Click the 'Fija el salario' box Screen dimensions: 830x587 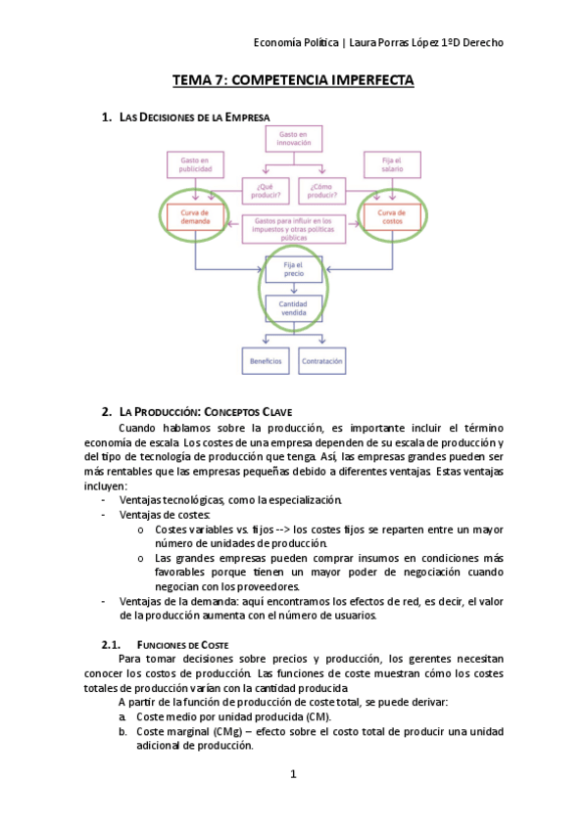point(391,163)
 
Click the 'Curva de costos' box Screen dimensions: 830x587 point(391,216)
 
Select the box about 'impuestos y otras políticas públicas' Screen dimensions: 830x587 point(293,229)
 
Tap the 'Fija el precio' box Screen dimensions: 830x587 point(293,269)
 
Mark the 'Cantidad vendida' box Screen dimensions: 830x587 point(293,309)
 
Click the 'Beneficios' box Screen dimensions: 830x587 point(266,361)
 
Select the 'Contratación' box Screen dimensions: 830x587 point(322,361)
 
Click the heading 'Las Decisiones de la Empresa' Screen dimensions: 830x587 point(194,118)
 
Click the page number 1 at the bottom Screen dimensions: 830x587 point(293,774)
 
